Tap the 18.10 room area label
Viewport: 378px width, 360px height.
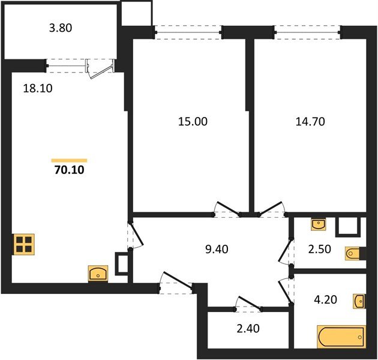38,88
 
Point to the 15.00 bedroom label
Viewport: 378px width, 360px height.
193,122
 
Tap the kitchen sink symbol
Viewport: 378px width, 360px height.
98,274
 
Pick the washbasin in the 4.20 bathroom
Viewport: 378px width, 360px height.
359,301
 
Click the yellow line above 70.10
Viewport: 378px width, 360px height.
70,161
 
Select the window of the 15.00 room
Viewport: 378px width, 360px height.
188,31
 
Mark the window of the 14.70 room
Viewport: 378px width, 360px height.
308,31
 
